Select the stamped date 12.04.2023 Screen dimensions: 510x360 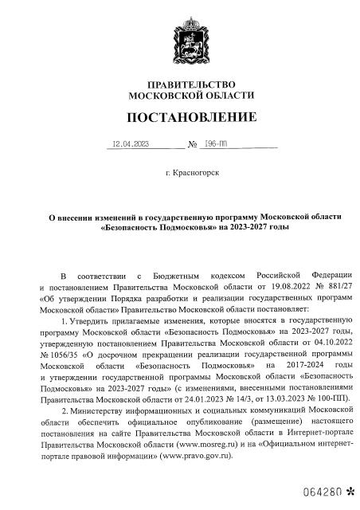tap(131, 145)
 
